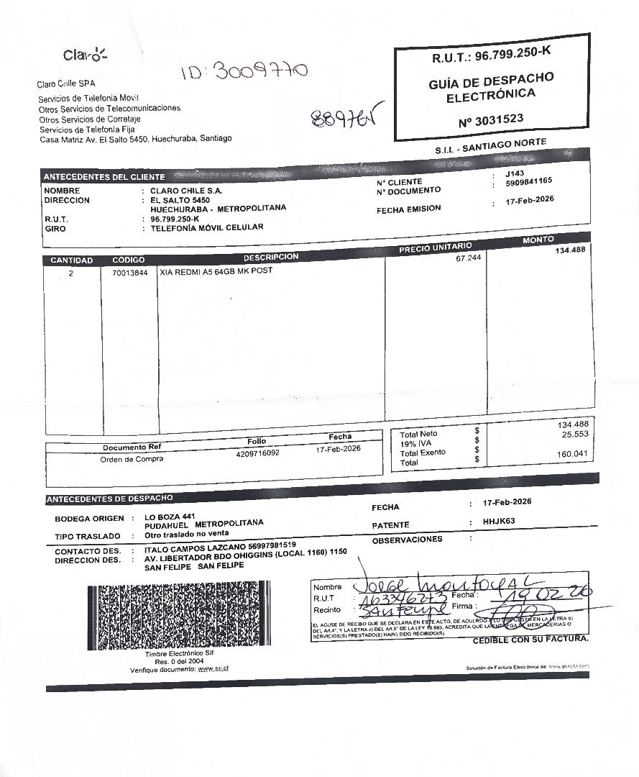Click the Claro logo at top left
[x=85, y=55]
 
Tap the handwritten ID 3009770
[x=244, y=71]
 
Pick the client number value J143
[x=515, y=174]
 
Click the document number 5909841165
[x=528, y=183]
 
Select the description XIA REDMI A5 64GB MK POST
[x=216, y=271]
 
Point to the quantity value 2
[x=70, y=273]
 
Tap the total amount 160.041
[x=572, y=454]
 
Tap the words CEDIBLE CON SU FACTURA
[x=530, y=639]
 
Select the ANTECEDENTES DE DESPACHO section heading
[x=109, y=499]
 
